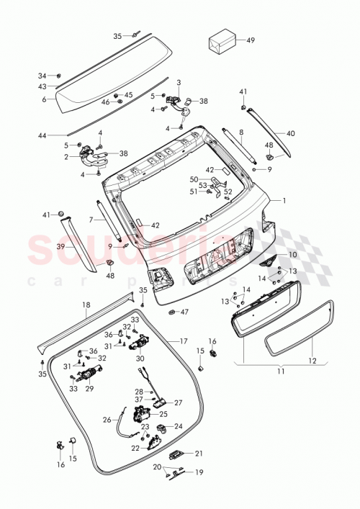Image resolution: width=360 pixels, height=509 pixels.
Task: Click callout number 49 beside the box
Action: pos(251,40)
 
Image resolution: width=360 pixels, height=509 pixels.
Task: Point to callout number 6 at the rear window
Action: pos(44,99)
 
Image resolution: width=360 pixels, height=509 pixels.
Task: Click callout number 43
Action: pos(42,86)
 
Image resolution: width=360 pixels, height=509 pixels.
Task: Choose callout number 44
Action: pos(42,135)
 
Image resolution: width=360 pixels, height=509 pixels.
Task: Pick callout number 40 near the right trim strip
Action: pos(291,133)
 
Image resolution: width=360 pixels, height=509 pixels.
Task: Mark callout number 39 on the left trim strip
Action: pos(61,246)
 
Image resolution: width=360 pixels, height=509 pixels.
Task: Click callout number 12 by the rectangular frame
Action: pos(312,359)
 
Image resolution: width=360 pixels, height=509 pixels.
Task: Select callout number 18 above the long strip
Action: pos(86,305)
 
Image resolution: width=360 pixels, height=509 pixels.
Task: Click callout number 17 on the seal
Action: pos(183,340)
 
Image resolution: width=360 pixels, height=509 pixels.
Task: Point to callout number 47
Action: pos(184,312)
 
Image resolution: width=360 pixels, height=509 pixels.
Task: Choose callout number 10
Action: pos(292,255)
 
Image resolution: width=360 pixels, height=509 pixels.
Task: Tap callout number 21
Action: pos(199,453)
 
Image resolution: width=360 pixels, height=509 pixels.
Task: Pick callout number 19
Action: pos(199,473)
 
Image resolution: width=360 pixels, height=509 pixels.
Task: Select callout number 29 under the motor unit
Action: pos(89,389)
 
